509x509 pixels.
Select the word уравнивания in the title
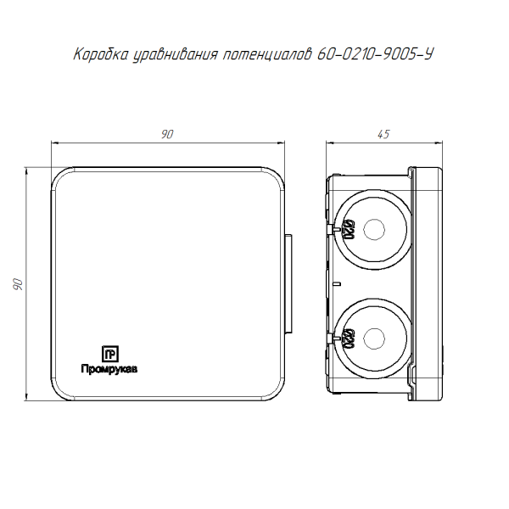[176, 55]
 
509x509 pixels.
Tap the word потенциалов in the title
[267, 55]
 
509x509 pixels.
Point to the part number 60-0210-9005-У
[375, 54]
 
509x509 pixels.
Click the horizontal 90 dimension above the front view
[167, 134]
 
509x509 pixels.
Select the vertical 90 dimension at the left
[18, 284]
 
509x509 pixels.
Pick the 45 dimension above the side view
[383, 134]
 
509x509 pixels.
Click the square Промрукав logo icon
[110, 354]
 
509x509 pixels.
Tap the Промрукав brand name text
[109, 369]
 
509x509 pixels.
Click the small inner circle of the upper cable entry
[374, 230]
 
